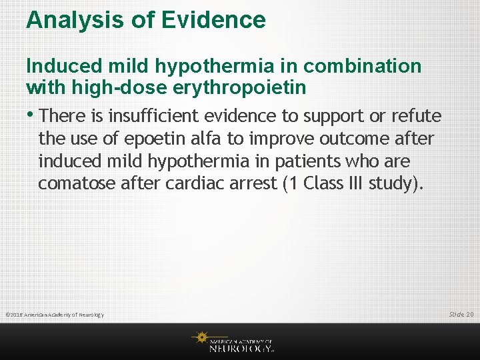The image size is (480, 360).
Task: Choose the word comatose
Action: (x=77, y=183)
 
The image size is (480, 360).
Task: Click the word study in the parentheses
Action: (x=395, y=183)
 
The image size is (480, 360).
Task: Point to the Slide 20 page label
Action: (x=461, y=314)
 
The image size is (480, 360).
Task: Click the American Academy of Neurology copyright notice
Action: (x=55, y=315)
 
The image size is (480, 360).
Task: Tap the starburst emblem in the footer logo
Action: (x=199, y=338)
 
